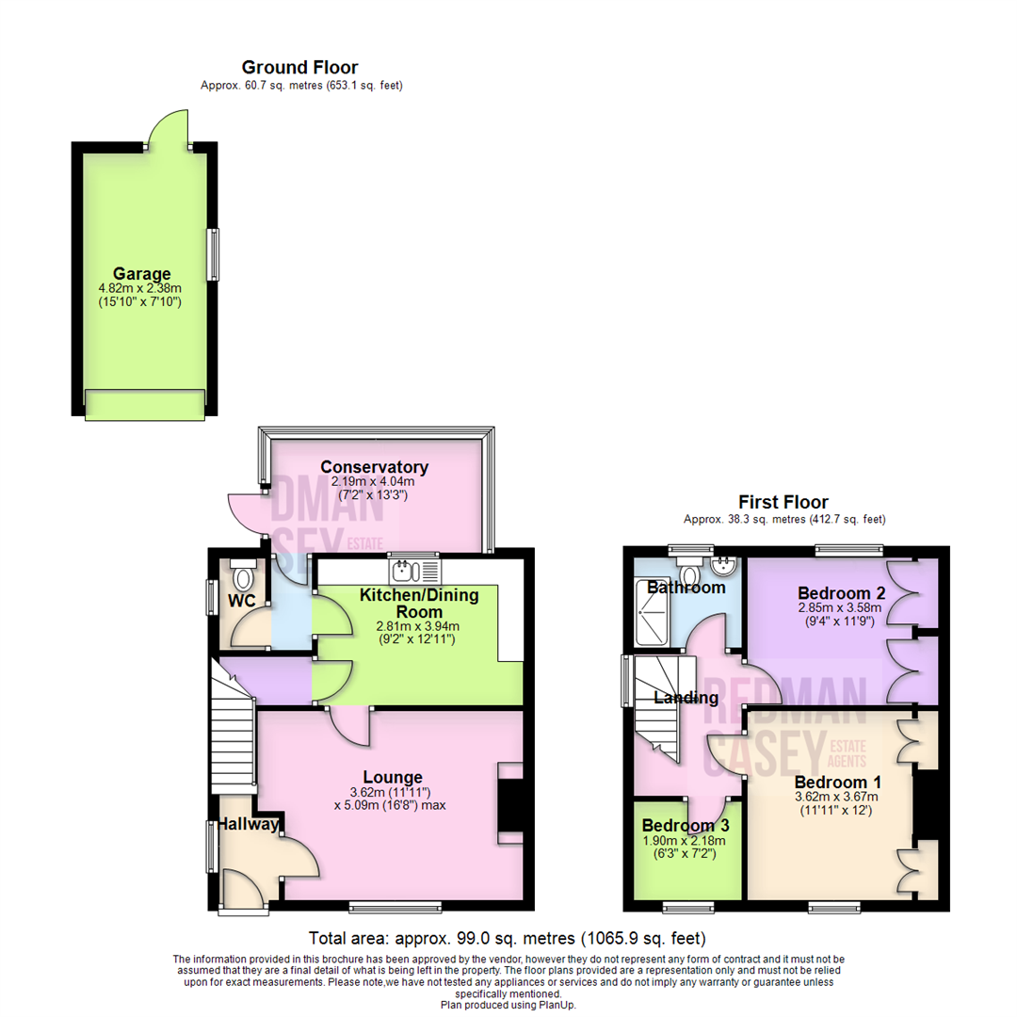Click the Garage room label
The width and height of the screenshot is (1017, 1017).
(141, 274)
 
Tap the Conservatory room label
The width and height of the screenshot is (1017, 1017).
(374, 467)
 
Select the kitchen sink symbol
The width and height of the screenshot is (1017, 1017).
(412, 571)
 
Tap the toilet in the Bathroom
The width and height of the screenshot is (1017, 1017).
(689, 573)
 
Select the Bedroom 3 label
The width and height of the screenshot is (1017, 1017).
(686, 826)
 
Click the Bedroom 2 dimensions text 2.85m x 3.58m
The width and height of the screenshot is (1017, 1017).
(841, 607)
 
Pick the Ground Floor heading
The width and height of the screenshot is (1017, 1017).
(299, 67)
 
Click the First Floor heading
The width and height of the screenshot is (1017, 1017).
(783, 502)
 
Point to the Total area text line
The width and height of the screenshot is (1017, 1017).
(508, 939)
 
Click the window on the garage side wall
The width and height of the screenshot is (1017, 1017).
(214, 254)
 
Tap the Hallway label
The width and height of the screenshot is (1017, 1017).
(250, 825)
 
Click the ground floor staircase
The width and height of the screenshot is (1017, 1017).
(232, 734)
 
